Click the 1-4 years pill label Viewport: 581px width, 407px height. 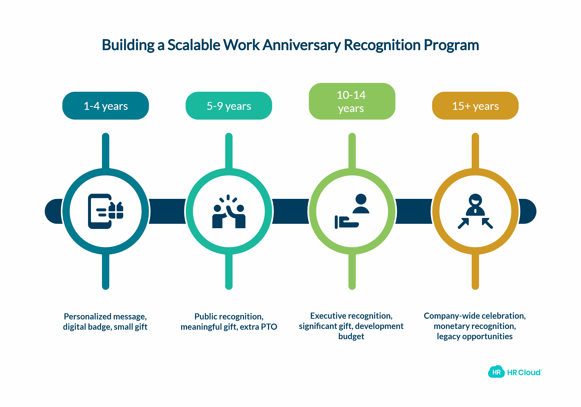coord(106,106)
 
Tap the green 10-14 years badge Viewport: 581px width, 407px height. coord(352,101)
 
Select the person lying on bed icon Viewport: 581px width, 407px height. coord(352,211)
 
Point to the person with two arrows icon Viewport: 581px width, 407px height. coord(475,211)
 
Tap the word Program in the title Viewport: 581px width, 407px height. coord(451,45)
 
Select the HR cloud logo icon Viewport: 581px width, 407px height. coord(496,372)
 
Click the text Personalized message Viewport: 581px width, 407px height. coord(105,317)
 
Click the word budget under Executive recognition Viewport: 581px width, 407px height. coord(351,336)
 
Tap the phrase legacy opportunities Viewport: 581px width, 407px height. coord(474,336)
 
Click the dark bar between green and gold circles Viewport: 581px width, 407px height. coord(413,211)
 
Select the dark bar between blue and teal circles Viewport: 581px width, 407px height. coord(167,211)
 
